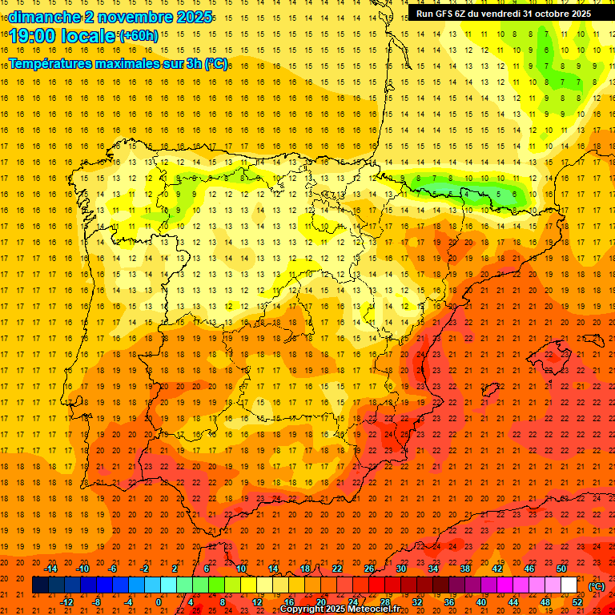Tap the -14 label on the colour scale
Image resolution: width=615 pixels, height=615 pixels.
(50, 569)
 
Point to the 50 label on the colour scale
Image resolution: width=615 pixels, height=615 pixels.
(561, 569)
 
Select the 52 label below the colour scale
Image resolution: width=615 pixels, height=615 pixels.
(577, 602)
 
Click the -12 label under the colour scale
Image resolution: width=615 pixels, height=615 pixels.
(66, 602)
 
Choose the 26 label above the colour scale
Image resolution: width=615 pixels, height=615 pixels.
(369, 569)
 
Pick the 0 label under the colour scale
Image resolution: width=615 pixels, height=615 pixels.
(159, 602)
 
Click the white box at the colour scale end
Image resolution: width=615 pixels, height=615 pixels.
(569, 585)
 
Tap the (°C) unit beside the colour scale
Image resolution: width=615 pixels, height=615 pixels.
(597, 585)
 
